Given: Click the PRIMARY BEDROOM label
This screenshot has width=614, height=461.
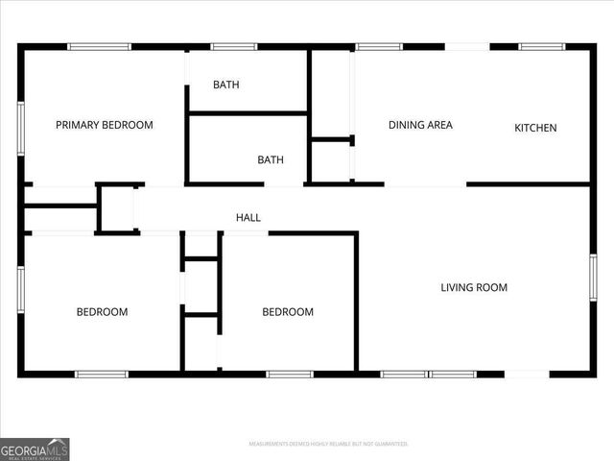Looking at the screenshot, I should click(105, 125).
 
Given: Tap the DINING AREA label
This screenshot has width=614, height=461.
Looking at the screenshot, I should click(420, 125).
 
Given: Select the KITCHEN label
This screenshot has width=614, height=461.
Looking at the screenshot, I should click(535, 128).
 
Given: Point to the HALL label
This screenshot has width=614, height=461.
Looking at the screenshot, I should click(248, 218).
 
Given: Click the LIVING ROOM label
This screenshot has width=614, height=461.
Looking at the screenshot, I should click(474, 287).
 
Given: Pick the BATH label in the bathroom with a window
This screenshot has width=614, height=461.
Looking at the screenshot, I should click(226, 85).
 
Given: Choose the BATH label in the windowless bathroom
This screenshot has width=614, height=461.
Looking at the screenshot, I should click(271, 159).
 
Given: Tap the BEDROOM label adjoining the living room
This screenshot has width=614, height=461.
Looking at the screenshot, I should click(288, 312).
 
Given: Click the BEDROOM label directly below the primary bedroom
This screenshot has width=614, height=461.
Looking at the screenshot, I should click(103, 312).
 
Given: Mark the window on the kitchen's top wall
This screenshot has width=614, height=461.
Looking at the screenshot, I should click(542, 46).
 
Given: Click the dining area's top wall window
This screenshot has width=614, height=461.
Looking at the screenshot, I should click(379, 46).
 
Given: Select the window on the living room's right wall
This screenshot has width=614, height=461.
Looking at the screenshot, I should click(593, 277).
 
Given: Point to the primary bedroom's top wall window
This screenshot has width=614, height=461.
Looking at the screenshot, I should click(99, 46).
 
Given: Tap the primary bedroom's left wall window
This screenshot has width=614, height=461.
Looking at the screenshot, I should click(21, 129).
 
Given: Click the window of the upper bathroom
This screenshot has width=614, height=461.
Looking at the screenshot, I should click(233, 46).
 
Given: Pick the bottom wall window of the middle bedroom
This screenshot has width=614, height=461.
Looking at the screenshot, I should click(290, 374).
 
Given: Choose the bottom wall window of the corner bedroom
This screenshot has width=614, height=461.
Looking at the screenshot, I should click(102, 374).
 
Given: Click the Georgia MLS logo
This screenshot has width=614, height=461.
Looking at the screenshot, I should click(35, 449).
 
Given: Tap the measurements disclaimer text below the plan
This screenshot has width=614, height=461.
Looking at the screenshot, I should click(328, 444).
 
